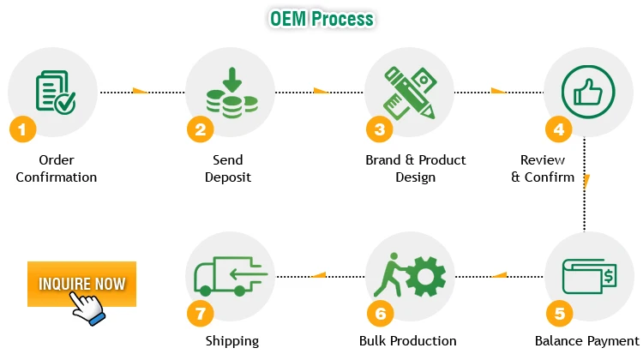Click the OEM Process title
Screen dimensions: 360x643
point(321,18)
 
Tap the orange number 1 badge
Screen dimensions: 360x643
point(22,130)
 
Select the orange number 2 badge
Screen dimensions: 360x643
point(200,130)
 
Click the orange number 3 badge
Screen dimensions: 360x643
point(379,130)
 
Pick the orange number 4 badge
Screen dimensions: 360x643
point(558,130)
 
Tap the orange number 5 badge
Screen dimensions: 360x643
point(558,314)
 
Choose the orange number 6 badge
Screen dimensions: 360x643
point(379,314)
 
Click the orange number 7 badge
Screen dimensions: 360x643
point(200,314)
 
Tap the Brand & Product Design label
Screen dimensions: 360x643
point(416,169)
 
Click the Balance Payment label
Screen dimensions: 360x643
point(587,341)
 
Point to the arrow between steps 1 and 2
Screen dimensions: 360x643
point(139,91)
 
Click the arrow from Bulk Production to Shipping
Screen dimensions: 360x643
point(318,275)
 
